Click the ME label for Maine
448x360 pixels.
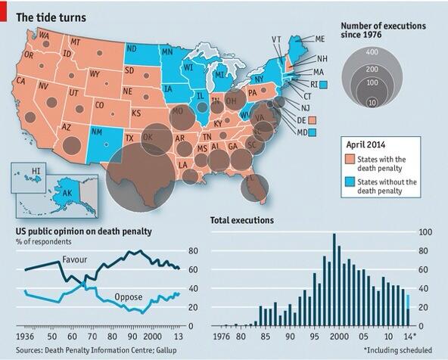pos(320,39)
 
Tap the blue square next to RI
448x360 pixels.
pos(323,85)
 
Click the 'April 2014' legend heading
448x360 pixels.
pos(369,142)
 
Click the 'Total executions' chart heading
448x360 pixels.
pos(241,220)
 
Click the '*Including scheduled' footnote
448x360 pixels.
pos(397,349)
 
